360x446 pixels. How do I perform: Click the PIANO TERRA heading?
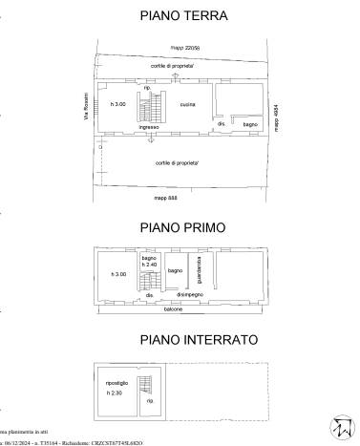tap(180, 16)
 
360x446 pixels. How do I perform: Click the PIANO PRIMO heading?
tap(180, 227)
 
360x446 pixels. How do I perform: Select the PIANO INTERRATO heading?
tap(180, 340)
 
